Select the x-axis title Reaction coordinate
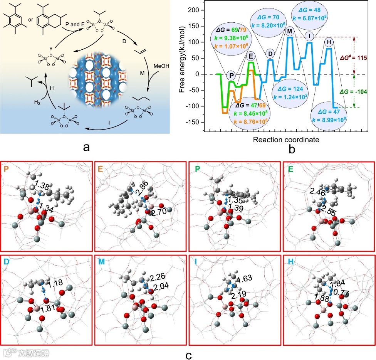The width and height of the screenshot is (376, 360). pos(286,140)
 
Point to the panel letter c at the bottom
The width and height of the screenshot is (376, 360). pos(188,354)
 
